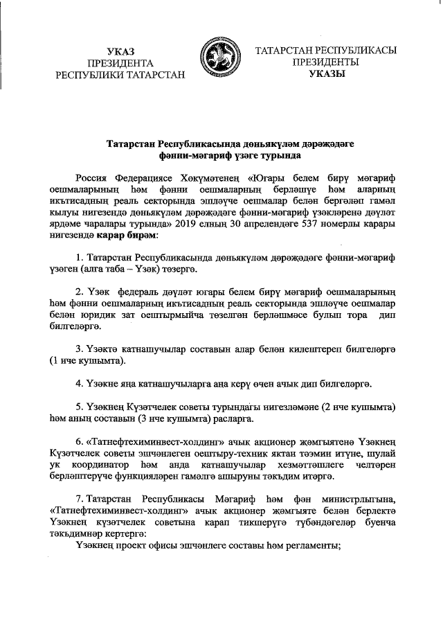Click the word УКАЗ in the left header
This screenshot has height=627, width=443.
(120, 51)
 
